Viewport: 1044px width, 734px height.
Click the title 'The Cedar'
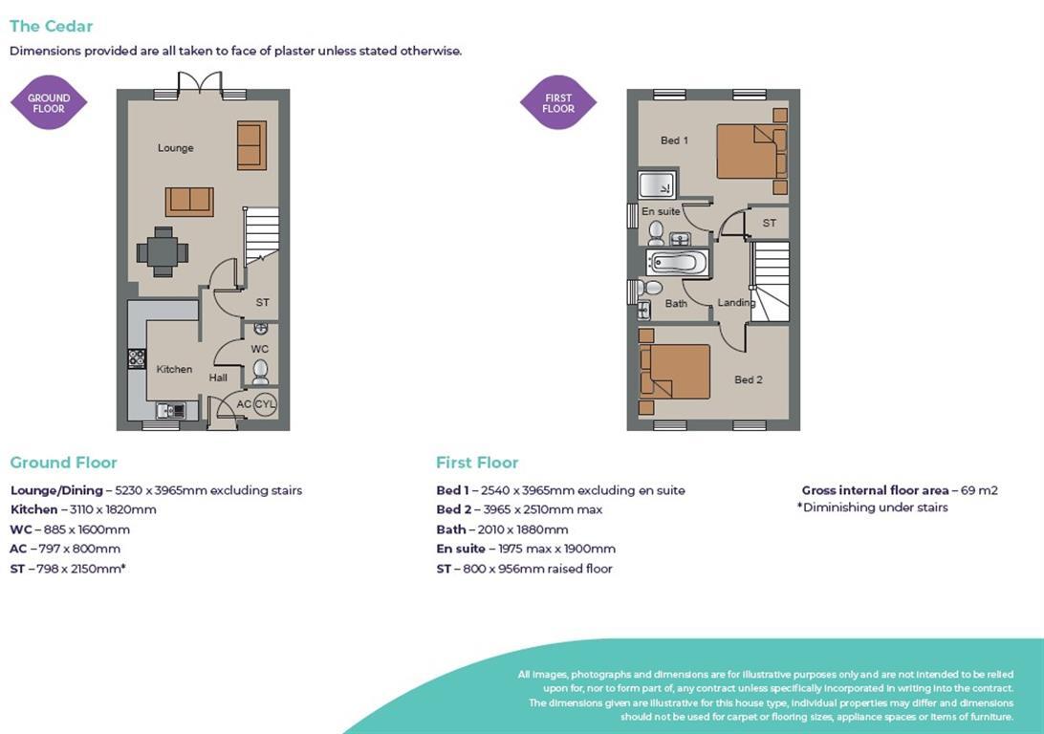52,27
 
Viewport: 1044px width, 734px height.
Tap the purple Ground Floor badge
49,102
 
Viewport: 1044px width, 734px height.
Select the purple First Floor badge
558,102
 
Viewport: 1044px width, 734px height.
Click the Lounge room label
176,148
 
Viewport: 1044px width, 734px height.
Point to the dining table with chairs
163,252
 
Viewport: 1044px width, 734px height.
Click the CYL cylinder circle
265,404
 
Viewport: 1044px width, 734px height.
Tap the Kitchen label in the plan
174,369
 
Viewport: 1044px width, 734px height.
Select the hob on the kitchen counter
136,359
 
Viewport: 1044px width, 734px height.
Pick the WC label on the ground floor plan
260,350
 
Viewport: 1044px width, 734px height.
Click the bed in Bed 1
747,151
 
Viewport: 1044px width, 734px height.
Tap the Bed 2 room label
749,379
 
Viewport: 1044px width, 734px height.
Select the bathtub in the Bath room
677,263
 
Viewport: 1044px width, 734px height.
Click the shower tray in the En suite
657,185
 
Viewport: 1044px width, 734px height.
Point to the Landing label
736,303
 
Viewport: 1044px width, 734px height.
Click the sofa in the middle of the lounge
189,202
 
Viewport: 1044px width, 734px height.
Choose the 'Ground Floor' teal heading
64,463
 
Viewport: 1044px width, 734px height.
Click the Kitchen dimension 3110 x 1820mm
113,509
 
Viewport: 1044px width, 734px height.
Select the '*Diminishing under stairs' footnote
872,507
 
